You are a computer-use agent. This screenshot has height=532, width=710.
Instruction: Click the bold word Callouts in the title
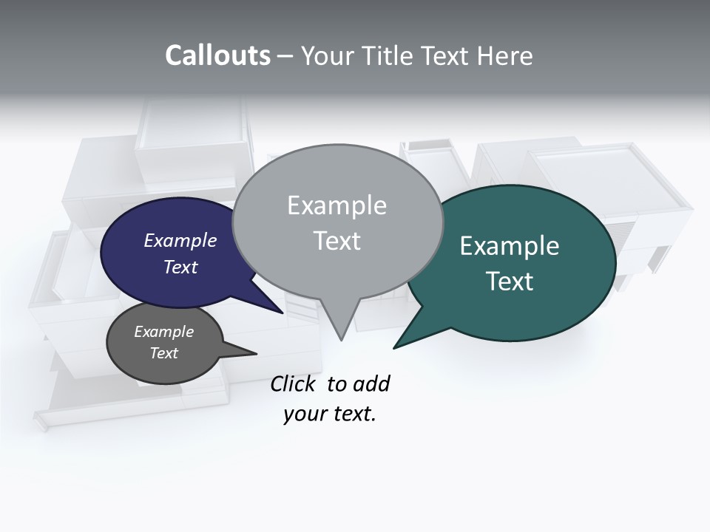tap(217, 55)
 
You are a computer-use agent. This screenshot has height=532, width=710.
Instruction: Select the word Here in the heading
tap(505, 55)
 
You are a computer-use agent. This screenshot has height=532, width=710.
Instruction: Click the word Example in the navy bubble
tap(180, 240)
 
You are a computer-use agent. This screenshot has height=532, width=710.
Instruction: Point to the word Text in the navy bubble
tap(180, 267)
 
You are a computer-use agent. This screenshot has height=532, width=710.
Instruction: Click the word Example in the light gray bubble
tap(337, 205)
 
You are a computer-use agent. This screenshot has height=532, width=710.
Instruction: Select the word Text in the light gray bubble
tap(337, 241)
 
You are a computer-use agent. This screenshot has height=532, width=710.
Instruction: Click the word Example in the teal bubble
tap(510, 246)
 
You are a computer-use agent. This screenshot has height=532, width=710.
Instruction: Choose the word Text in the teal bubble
tap(510, 282)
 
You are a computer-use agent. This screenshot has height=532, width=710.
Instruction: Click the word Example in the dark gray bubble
tap(163, 332)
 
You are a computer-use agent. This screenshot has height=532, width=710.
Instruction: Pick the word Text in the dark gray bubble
tap(163, 353)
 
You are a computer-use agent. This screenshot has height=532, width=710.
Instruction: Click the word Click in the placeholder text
tap(293, 384)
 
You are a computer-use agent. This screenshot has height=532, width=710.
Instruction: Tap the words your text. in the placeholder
tap(330, 415)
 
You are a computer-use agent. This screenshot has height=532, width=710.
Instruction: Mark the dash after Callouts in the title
tap(285, 56)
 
